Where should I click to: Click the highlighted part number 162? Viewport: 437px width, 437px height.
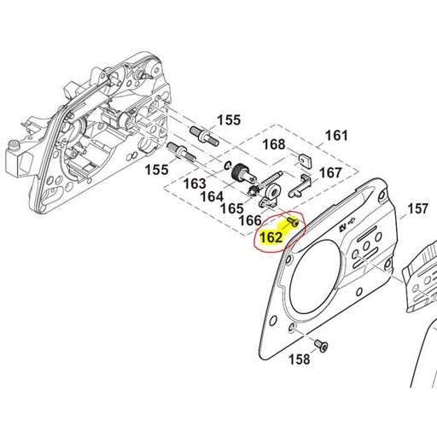point(270,237)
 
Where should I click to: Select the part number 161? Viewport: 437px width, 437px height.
point(337,136)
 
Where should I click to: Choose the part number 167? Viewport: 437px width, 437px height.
point(330,172)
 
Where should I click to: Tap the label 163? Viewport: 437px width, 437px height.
point(195,184)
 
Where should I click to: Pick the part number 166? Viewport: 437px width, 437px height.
point(249,220)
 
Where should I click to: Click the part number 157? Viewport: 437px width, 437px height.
point(417,208)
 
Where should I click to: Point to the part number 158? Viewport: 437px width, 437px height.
point(299,358)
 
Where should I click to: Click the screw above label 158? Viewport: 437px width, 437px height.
point(321,343)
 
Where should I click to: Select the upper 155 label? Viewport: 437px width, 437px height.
point(229,119)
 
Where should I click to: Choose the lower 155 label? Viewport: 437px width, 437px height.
point(155,170)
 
